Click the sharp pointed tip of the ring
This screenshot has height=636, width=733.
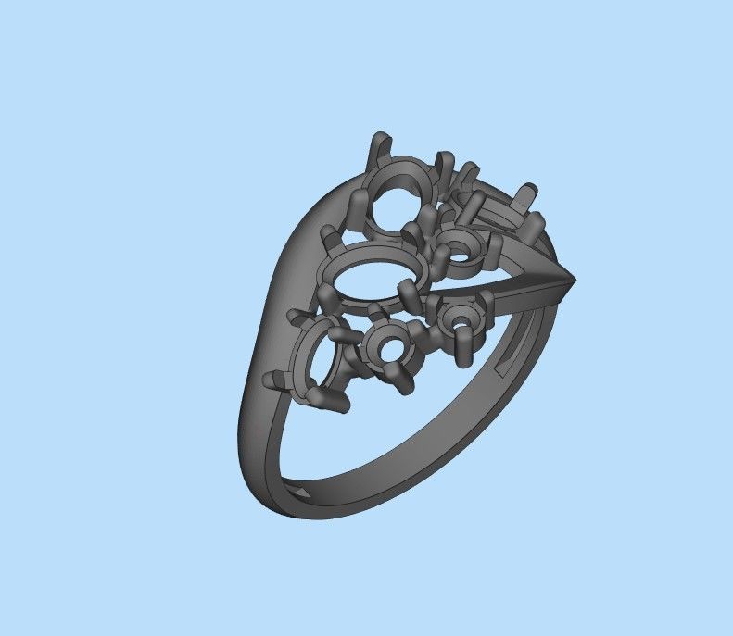(x=575, y=278)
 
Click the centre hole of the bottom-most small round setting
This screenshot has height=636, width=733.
(x=387, y=350)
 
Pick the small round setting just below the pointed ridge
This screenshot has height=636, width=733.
(x=459, y=320)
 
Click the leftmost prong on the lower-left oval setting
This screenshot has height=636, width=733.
(x=276, y=379)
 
